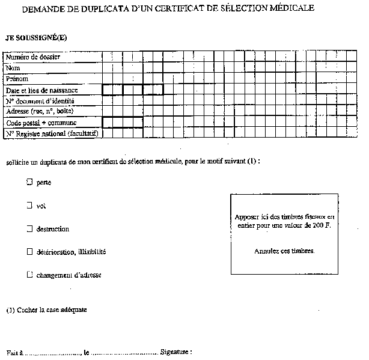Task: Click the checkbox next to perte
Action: (29, 181)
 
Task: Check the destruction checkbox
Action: (29, 228)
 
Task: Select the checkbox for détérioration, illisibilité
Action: (29, 251)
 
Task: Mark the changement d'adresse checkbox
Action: (29, 275)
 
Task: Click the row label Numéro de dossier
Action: (32, 57)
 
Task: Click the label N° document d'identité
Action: (40, 101)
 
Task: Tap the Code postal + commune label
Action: (37, 123)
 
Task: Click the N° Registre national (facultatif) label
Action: (52, 133)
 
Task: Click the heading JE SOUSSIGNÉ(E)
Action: (36, 37)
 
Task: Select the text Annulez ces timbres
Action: (284, 251)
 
